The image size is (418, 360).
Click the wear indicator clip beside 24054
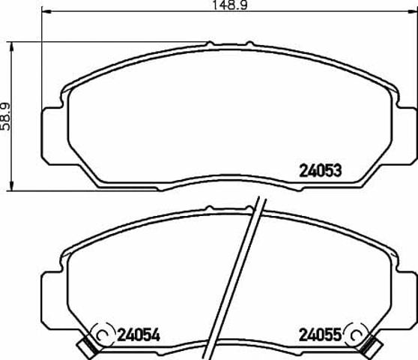pos(89,343)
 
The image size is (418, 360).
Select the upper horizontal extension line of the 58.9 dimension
pos(112,41)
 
